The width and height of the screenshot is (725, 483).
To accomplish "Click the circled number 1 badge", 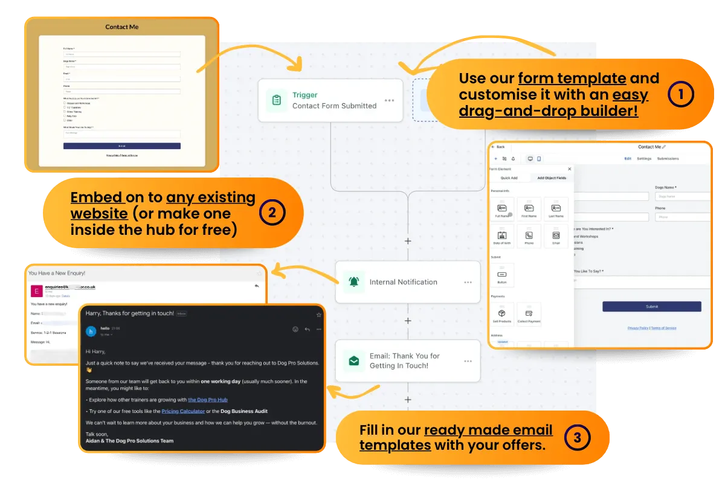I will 681,95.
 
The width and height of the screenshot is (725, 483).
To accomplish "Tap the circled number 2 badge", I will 272,213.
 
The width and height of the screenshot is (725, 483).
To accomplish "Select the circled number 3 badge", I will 577,438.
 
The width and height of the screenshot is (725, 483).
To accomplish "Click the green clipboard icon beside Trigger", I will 277,100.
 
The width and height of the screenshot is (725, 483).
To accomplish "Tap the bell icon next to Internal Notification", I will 353,282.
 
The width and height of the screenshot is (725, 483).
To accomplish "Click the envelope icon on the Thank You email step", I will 353,361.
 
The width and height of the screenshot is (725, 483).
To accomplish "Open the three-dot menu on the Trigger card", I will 389,100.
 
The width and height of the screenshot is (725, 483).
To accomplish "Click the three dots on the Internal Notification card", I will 468,282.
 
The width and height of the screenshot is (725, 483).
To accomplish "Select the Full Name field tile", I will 502,208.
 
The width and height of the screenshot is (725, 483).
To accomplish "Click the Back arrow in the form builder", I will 498,147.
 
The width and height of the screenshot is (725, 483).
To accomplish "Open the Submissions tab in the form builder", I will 668,159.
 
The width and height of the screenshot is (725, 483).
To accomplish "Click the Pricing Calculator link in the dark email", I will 183,411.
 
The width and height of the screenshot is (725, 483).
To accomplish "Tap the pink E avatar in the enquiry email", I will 37,291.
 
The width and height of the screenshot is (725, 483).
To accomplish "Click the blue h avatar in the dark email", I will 91,331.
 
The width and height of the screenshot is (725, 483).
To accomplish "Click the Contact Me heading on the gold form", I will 121,27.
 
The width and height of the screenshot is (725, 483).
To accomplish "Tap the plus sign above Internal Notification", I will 408,241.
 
